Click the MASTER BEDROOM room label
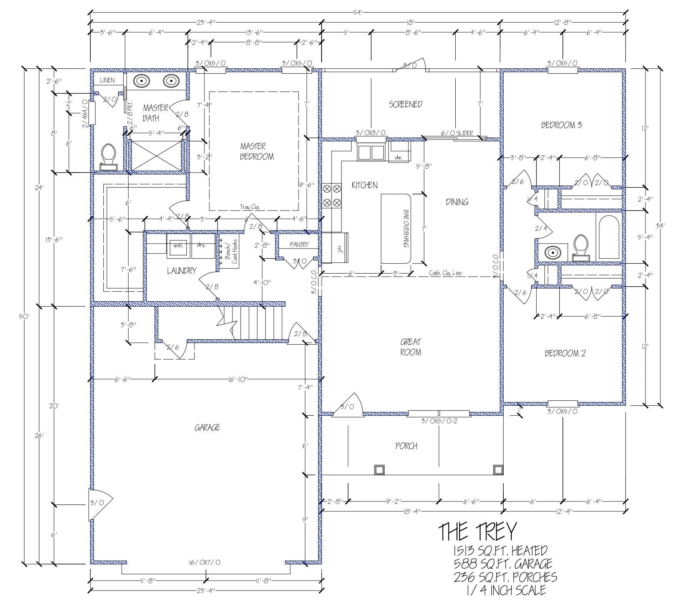257,151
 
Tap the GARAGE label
207,427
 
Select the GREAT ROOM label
411,347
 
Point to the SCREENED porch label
406,104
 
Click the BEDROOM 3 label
561,125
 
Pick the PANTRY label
299,244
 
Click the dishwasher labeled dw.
398,152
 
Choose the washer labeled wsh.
178,245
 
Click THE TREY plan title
478,532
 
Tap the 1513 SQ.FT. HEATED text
500,551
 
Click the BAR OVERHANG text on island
406,229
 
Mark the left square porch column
379,470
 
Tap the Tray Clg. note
250,207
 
